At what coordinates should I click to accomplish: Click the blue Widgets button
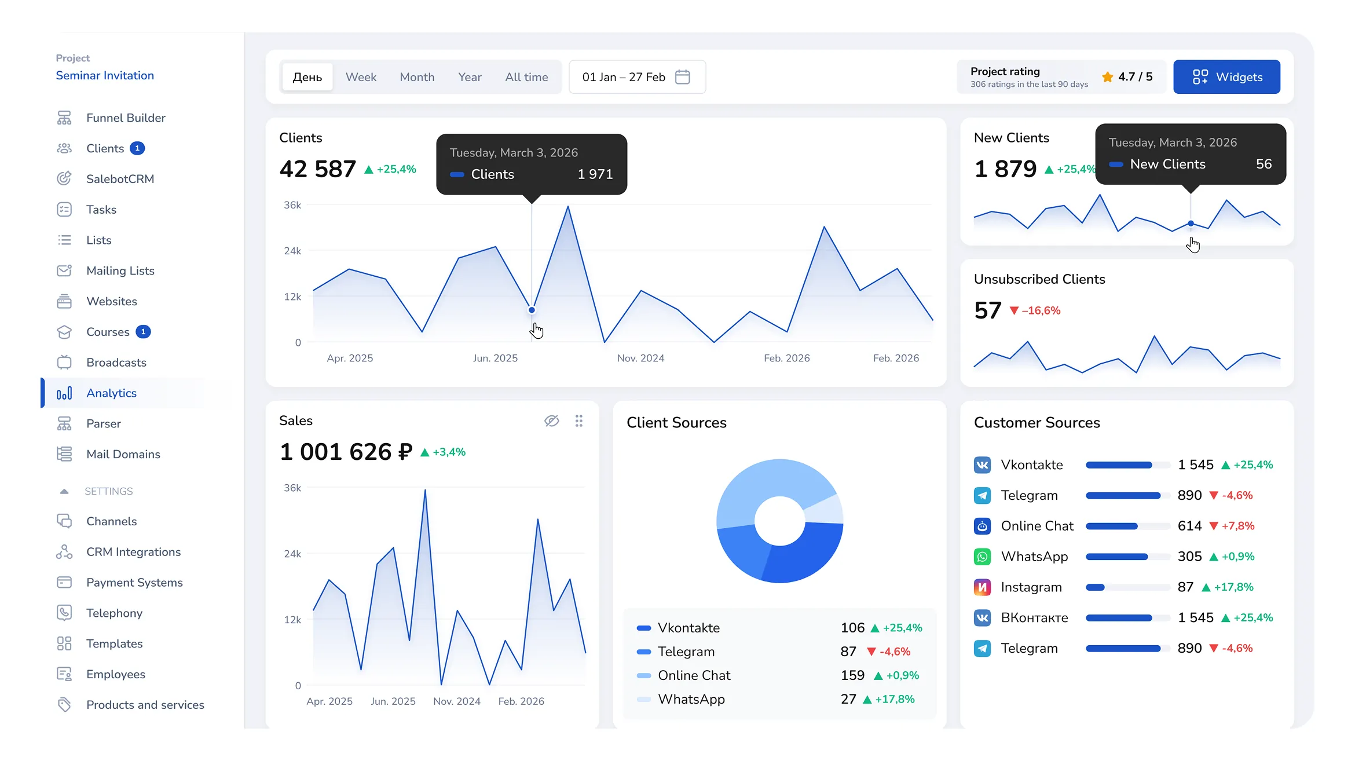tap(1226, 77)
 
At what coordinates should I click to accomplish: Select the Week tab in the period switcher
tap(361, 77)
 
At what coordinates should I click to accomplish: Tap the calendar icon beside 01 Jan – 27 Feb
tap(683, 77)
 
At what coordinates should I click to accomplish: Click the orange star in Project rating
tap(1107, 77)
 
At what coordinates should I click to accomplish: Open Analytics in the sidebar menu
tap(111, 393)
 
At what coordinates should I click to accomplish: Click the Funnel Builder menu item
tap(126, 118)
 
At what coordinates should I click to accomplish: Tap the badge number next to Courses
tap(143, 332)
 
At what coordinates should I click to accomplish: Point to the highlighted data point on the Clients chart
tap(532, 310)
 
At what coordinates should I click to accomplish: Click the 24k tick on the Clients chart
tap(292, 251)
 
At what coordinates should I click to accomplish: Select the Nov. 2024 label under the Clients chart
tap(640, 358)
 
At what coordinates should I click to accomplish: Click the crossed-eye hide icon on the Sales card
tap(552, 421)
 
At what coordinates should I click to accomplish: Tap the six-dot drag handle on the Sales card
tap(578, 421)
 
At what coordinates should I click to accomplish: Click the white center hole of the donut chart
tap(779, 521)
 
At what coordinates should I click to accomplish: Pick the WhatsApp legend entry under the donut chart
tap(691, 700)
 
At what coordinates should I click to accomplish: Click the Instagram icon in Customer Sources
tap(982, 587)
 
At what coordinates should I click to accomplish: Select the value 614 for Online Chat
tap(1189, 526)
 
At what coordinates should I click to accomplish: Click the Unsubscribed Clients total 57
tap(987, 310)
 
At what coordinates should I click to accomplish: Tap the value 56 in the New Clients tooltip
tap(1264, 164)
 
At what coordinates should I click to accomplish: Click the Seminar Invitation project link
tap(105, 76)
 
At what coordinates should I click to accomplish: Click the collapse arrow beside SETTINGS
tap(64, 492)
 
